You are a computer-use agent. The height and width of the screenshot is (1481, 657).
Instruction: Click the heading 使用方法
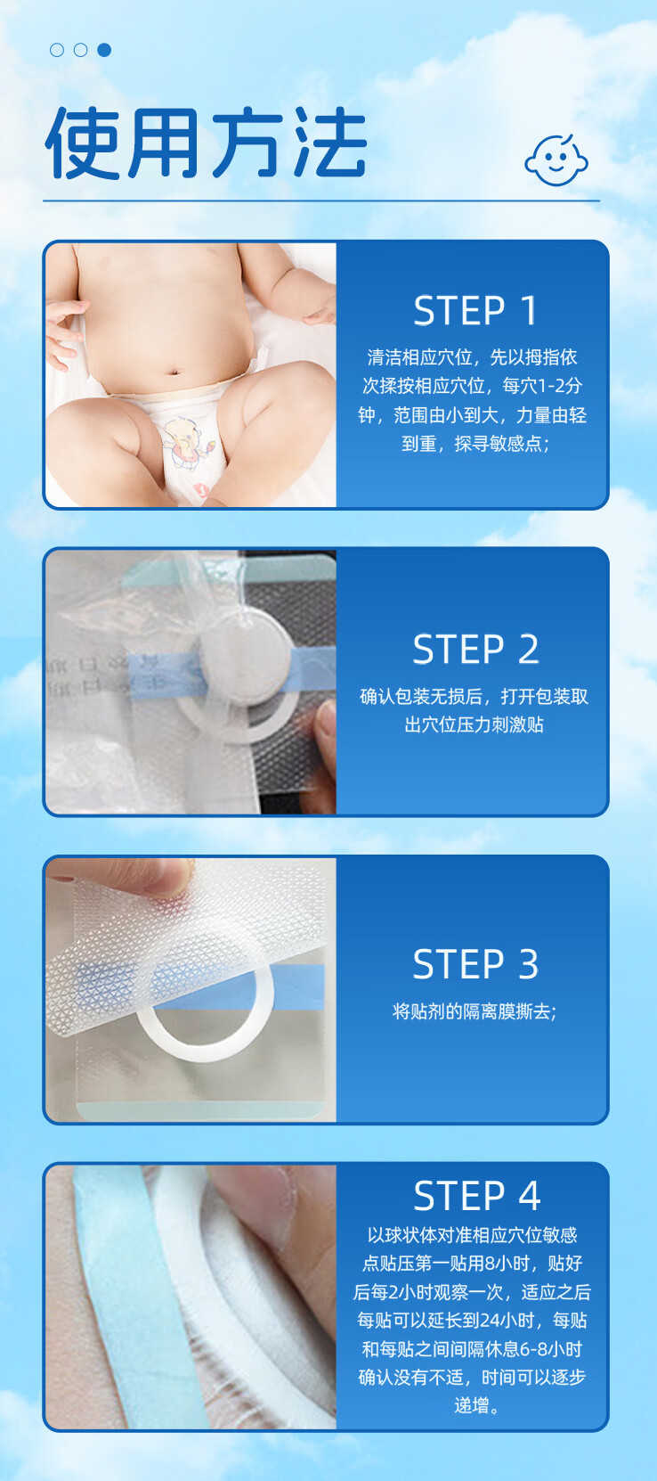(x=206, y=143)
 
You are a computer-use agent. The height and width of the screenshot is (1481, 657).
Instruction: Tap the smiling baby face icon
(x=556, y=160)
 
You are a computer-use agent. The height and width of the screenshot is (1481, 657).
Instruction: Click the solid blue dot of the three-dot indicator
(x=104, y=50)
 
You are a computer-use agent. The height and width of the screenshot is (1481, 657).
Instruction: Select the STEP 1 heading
(x=474, y=311)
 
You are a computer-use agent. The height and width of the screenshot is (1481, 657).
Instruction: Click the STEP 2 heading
(x=475, y=650)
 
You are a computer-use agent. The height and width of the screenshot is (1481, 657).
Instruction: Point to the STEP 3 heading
(x=475, y=964)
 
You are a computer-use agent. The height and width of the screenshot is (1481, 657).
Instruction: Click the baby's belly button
(x=174, y=371)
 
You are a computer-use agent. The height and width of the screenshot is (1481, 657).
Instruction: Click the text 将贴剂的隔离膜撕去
(x=472, y=1011)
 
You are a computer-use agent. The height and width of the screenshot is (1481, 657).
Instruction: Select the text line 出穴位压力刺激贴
(x=474, y=724)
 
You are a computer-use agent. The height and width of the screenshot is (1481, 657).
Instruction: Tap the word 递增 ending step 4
(x=472, y=1405)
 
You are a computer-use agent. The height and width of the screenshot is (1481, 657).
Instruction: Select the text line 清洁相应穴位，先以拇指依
(x=472, y=357)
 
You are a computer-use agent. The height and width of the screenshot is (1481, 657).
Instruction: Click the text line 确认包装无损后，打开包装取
(x=474, y=696)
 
